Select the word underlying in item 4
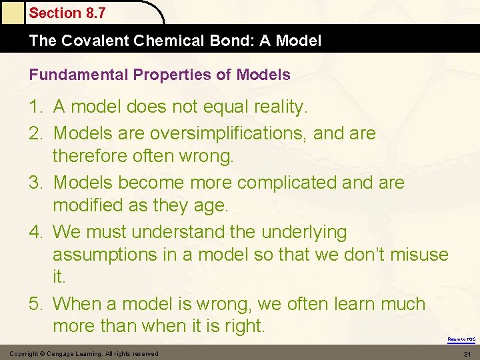pos(304,232)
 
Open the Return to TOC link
pos(461,339)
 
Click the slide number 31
pos(467,353)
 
